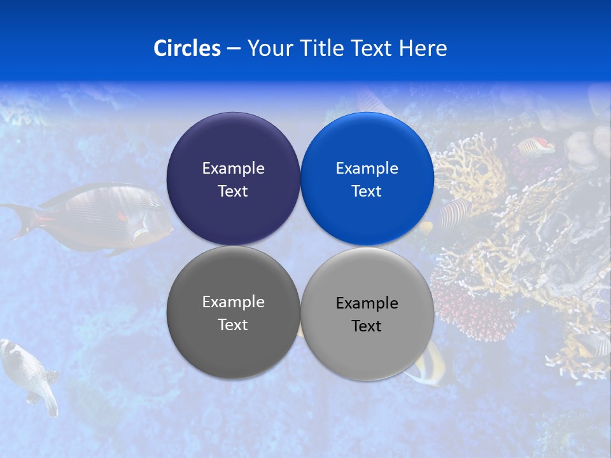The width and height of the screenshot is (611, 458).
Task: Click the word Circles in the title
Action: coord(186,48)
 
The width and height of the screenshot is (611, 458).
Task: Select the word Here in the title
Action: coord(423,48)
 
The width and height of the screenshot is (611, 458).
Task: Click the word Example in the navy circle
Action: coord(233,169)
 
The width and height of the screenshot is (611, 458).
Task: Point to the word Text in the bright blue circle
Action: coord(367,191)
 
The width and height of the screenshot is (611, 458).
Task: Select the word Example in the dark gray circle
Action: coord(233,302)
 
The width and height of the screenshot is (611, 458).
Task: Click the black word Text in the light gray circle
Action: coord(367,326)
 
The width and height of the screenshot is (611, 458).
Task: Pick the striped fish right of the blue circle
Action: coord(453,213)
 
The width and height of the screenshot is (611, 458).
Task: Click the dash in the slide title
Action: coord(234,49)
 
